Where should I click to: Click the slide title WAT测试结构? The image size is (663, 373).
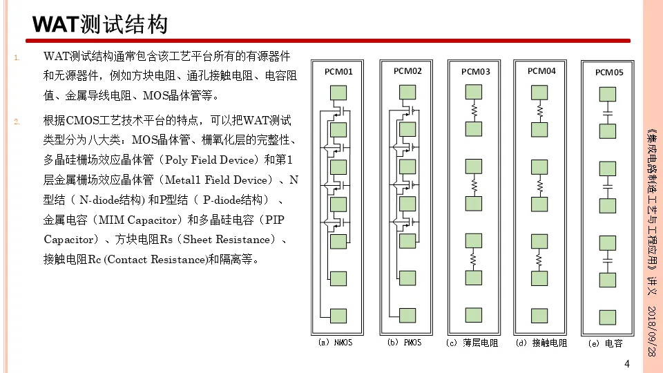coord(101,25)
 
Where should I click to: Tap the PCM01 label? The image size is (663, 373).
coord(338,71)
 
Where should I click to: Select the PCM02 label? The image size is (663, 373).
coord(407,70)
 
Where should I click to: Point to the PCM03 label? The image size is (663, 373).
coord(475,72)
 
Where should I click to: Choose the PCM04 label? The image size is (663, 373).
coord(541,70)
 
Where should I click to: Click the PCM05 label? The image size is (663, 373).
coord(609,72)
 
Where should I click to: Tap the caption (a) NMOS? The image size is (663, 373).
coord(335,342)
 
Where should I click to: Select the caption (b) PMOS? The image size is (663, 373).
coord(404,342)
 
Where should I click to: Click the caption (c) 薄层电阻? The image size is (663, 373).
coord(473,343)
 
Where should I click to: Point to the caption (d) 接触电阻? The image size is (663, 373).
coord(541,343)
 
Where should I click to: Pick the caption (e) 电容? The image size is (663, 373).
coord(606,343)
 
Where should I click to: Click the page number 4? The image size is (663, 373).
coord(627,364)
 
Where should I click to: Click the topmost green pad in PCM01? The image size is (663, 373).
coord(338,93)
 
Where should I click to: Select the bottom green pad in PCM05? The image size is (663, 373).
coord(608,317)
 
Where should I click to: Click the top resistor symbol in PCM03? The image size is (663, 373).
coord(474,111)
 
